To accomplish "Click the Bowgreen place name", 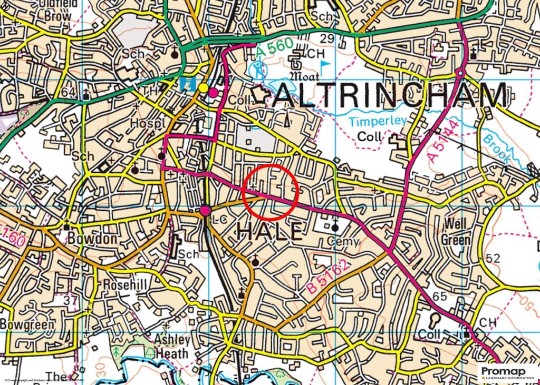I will [27, 324].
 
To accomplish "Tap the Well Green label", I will [457, 232].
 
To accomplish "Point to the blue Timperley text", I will [378, 121].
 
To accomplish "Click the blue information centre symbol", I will [186, 84].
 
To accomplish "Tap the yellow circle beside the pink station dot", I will [203, 88].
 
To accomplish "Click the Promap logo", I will [507, 372].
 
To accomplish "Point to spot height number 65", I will [439, 296].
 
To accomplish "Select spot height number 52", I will [494, 258].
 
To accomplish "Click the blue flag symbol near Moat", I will [325, 65].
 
